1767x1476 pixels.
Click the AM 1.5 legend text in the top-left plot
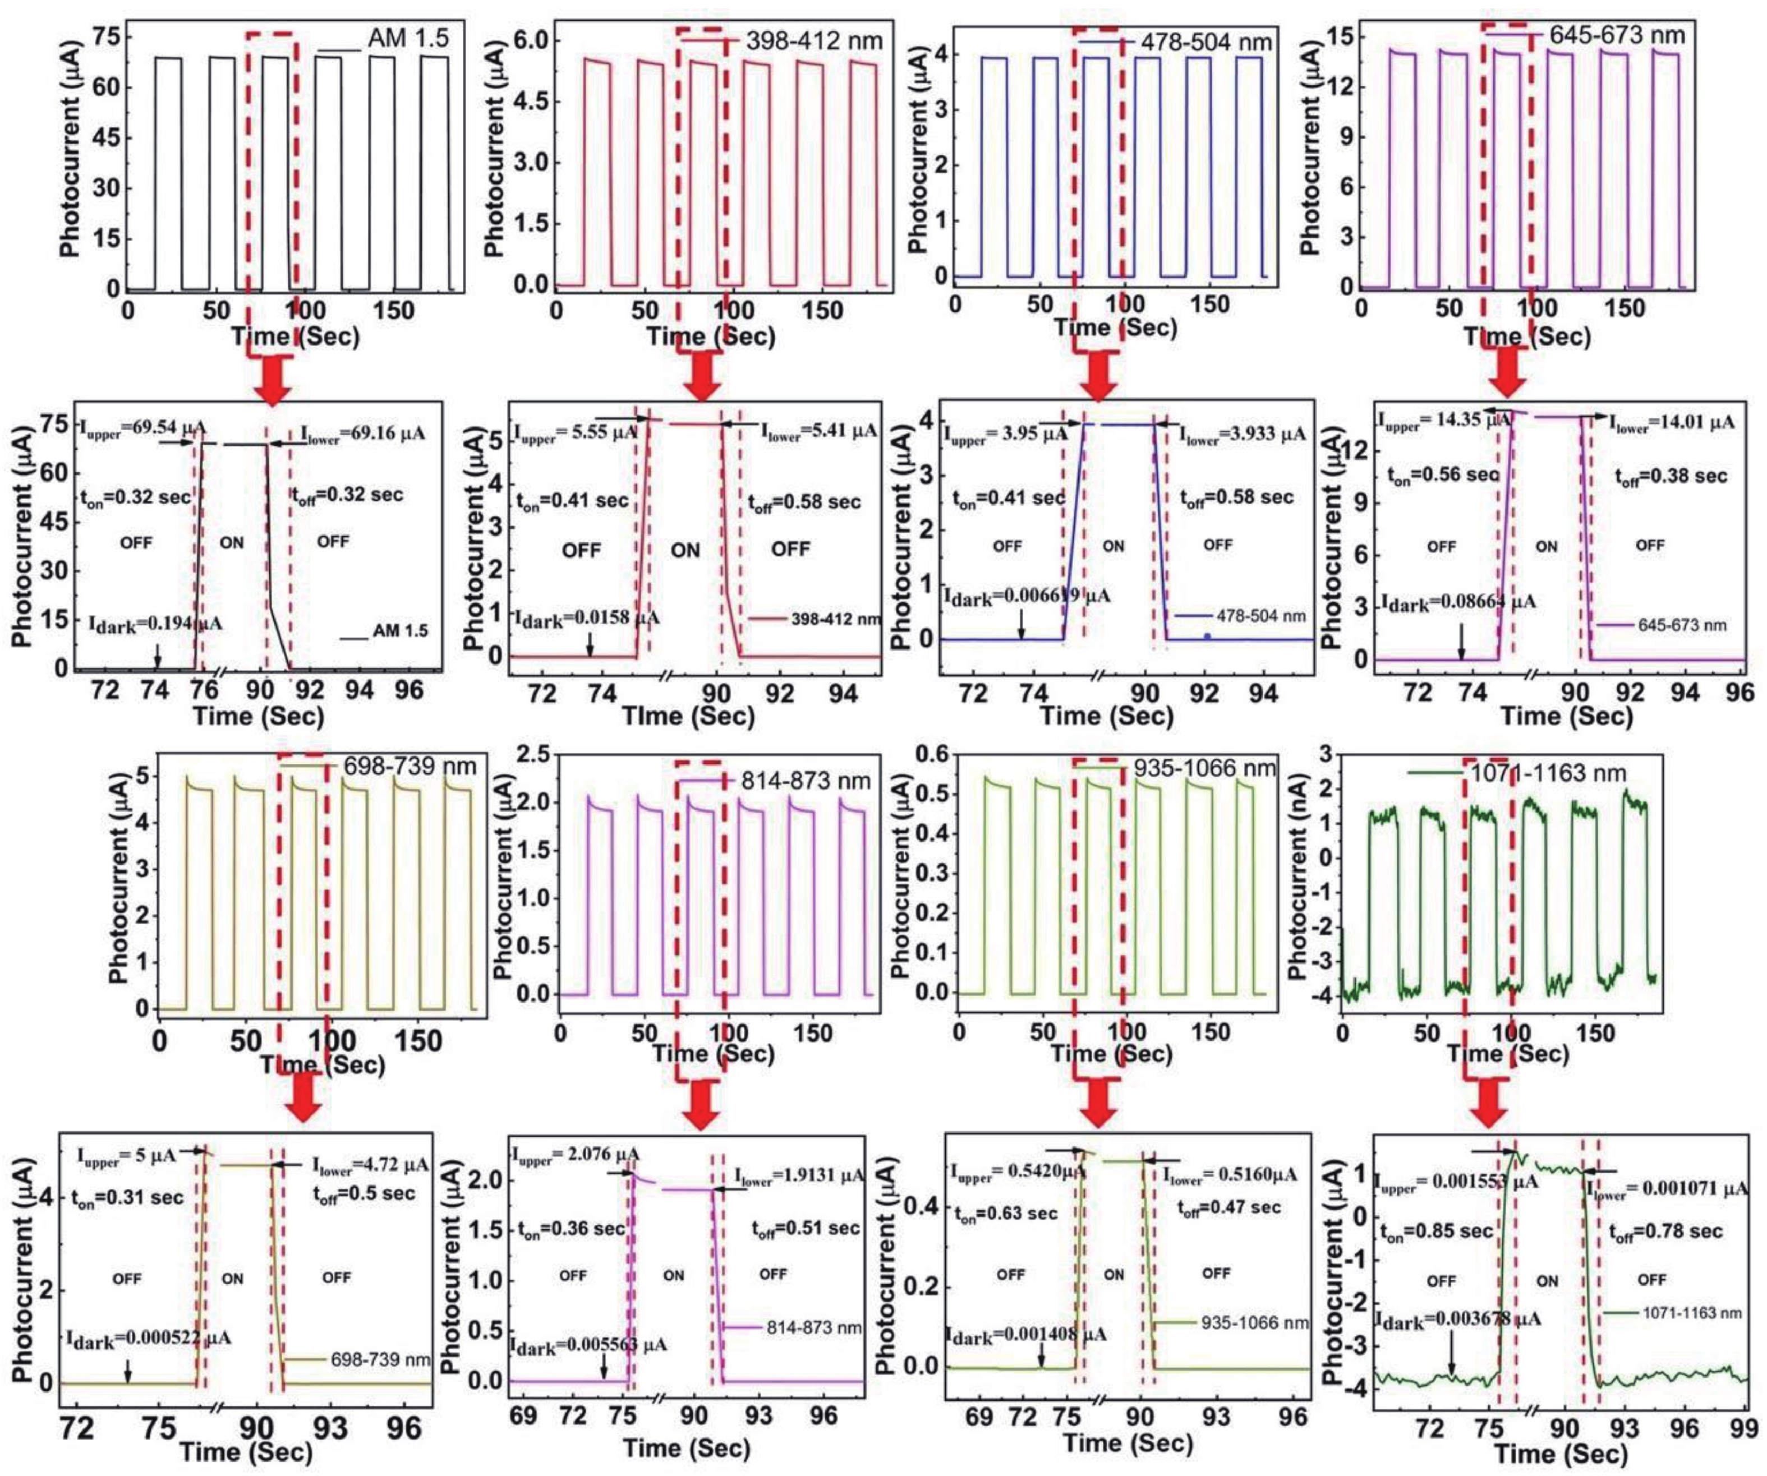(x=408, y=38)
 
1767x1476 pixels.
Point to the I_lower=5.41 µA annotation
(x=819, y=431)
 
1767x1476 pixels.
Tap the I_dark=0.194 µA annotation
(x=156, y=623)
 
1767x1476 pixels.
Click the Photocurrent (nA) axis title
(x=1300, y=879)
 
